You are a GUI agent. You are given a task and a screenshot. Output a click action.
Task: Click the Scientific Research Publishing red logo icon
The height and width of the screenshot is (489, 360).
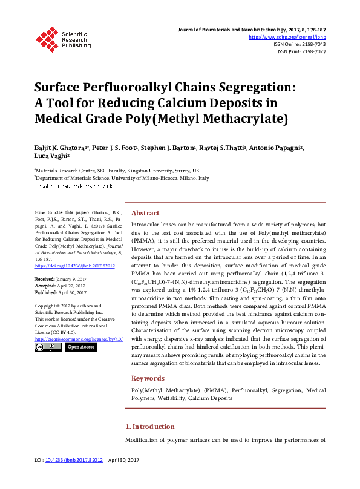pos(47,38)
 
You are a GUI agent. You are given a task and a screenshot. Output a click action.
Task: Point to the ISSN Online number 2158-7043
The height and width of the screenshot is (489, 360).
pos(313,44)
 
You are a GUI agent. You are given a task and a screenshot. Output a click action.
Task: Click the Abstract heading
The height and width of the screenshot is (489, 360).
pos(145,213)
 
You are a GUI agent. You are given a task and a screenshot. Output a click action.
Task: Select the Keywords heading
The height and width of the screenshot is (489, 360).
pos(148,378)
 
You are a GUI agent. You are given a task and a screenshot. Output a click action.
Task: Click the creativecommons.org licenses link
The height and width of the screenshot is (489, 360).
pos(79,339)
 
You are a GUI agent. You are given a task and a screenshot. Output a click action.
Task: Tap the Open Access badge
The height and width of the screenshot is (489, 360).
pos(81,347)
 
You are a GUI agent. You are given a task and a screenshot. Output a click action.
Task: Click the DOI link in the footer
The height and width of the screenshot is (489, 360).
pos(77,461)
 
